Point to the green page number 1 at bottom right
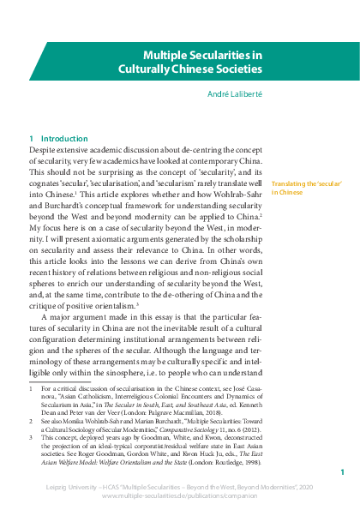[342, 472]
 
